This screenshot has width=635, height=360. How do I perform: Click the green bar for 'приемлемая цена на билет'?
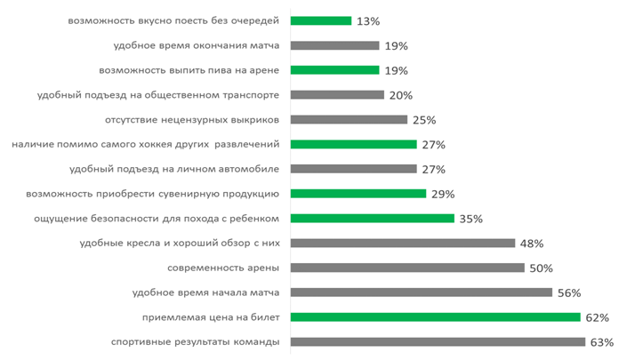435,316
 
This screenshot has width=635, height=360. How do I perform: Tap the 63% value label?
601,342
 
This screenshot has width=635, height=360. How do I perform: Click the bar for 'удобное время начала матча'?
422,292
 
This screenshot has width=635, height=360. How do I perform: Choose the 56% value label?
569,292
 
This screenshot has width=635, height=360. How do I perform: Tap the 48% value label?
533,244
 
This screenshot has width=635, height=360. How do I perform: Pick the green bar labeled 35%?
373,218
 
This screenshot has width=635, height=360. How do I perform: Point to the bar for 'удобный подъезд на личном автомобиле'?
354,169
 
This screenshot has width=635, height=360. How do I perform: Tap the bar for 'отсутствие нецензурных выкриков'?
349,119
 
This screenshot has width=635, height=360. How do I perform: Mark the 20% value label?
401,95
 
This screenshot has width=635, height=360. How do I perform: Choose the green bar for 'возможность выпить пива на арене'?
335,70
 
